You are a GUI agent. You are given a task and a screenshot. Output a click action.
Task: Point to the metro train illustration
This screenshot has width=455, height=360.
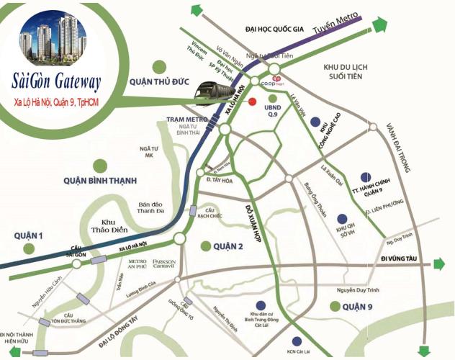pyautogui.click(x=220, y=93)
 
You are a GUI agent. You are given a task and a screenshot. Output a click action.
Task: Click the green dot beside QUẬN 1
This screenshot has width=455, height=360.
pyautogui.click(x=29, y=248)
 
